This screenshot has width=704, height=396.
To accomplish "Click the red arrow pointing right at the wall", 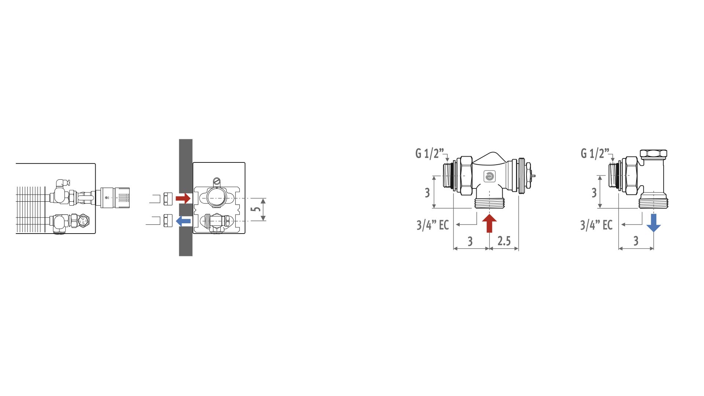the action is point(183,198).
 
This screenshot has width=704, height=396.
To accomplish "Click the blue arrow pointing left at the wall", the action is point(183,221).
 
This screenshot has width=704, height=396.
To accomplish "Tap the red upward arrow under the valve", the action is point(489,223).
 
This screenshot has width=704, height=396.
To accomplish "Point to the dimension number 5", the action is point(257,209).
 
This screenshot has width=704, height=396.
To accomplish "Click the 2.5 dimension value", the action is point(504,241).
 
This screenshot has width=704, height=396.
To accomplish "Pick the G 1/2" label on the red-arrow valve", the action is point(429,153).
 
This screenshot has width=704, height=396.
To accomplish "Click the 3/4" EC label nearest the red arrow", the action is point(433,225).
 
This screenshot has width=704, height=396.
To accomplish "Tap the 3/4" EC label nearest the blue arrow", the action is point(596,225).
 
